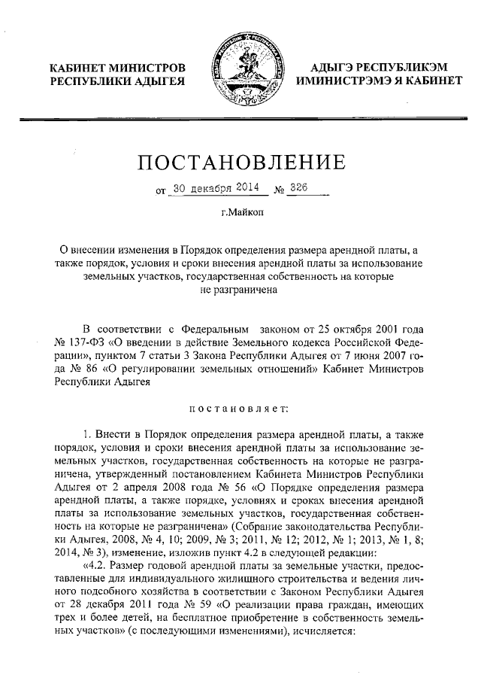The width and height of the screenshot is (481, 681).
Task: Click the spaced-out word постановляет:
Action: click(x=240, y=409)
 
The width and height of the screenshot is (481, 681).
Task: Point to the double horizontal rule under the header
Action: click(x=240, y=119)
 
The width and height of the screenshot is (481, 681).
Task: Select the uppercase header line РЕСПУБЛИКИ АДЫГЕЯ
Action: click(x=116, y=81)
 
